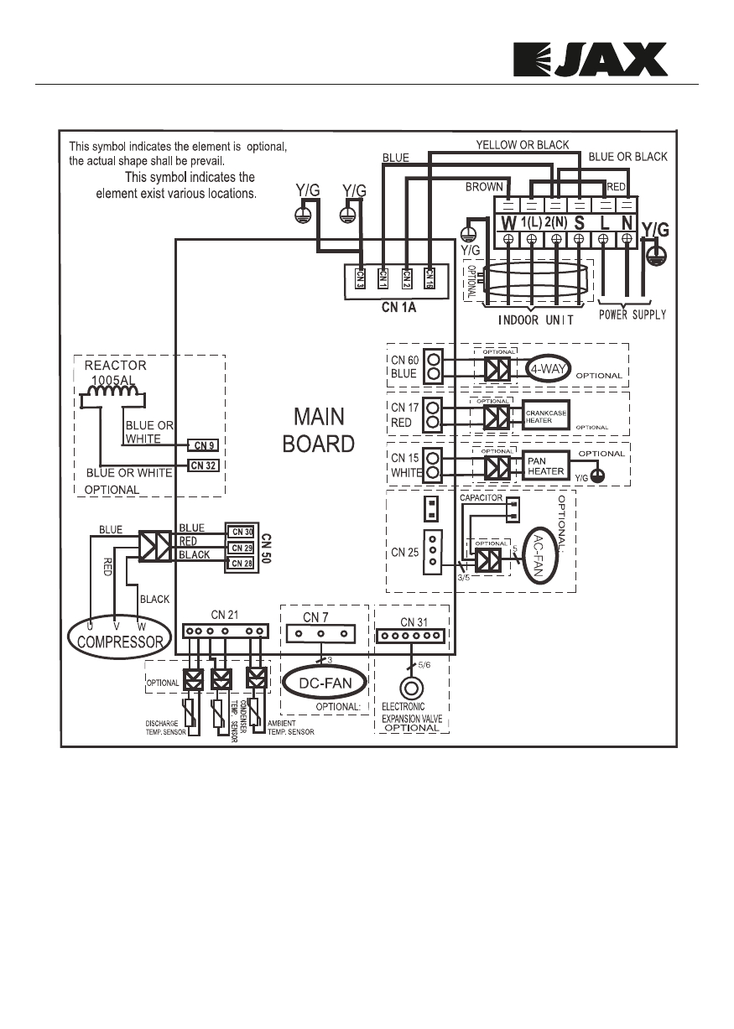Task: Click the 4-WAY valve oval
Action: coord(549,369)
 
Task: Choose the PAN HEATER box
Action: coord(545,465)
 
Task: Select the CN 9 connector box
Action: coord(202,444)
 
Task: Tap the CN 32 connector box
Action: coord(202,464)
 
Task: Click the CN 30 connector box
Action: coord(242,531)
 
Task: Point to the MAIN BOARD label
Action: coord(319,429)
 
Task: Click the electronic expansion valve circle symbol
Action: coord(411,689)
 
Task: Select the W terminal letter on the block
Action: coord(508,223)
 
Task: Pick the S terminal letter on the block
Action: coord(579,223)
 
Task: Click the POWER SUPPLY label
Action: coord(632,314)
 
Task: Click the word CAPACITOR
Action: coord(481,497)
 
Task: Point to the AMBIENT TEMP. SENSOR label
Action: coord(290,726)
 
